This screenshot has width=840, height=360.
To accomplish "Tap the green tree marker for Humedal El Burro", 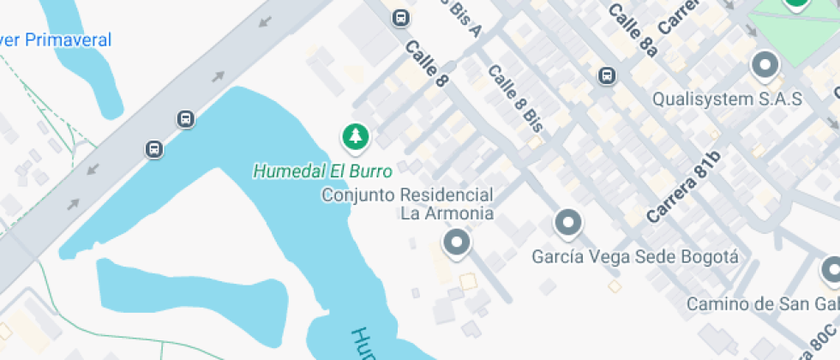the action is (355, 135).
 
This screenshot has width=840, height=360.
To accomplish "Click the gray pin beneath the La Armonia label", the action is (456, 243).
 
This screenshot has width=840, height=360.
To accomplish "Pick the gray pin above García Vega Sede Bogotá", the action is (567, 223).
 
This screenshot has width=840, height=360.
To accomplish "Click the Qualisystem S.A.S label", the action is (727, 99).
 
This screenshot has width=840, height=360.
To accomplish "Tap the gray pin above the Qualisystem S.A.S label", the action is (763, 64).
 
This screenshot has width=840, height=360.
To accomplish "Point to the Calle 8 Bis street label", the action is (516, 97).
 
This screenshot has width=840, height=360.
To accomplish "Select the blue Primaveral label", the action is (56, 39).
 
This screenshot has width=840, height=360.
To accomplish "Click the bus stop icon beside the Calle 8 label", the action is (400, 17).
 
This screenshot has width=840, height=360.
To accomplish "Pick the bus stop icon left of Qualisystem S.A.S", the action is (607, 76).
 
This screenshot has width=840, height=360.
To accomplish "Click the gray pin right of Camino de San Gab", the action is (831, 272).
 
